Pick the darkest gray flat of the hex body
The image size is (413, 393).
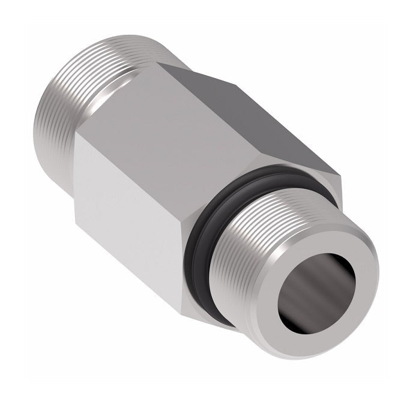click(x=240, y=108)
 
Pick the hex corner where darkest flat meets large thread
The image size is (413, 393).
click(x=180, y=66)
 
